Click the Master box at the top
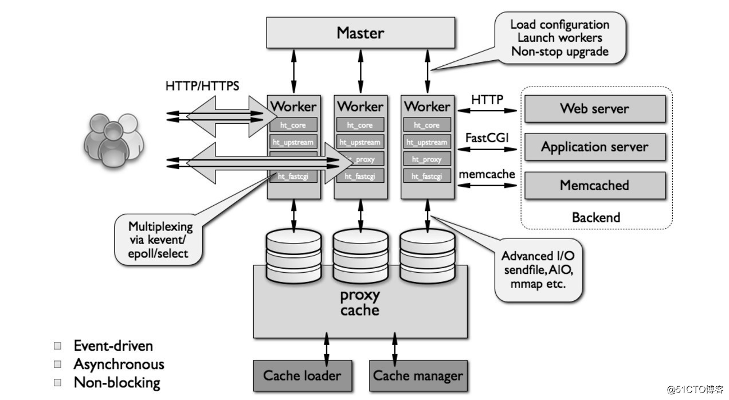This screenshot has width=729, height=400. point(360,33)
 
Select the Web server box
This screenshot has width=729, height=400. point(594,108)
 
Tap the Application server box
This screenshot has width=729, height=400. point(594,147)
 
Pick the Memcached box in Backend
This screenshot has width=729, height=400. point(594,185)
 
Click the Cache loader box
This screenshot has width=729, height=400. point(302,376)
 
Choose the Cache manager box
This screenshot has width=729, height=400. point(418,376)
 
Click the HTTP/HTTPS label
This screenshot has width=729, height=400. point(202,87)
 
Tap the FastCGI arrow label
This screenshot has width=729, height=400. point(487,139)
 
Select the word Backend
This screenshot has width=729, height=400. point(595,217)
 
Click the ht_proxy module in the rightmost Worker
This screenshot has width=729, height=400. point(427,159)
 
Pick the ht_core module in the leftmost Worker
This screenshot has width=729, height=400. point(293,125)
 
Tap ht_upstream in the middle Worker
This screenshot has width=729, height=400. point(360,142)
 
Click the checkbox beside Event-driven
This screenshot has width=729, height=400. point(57,346)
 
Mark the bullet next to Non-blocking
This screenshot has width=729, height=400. point(57,382)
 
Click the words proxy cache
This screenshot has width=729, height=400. point(360,303)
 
